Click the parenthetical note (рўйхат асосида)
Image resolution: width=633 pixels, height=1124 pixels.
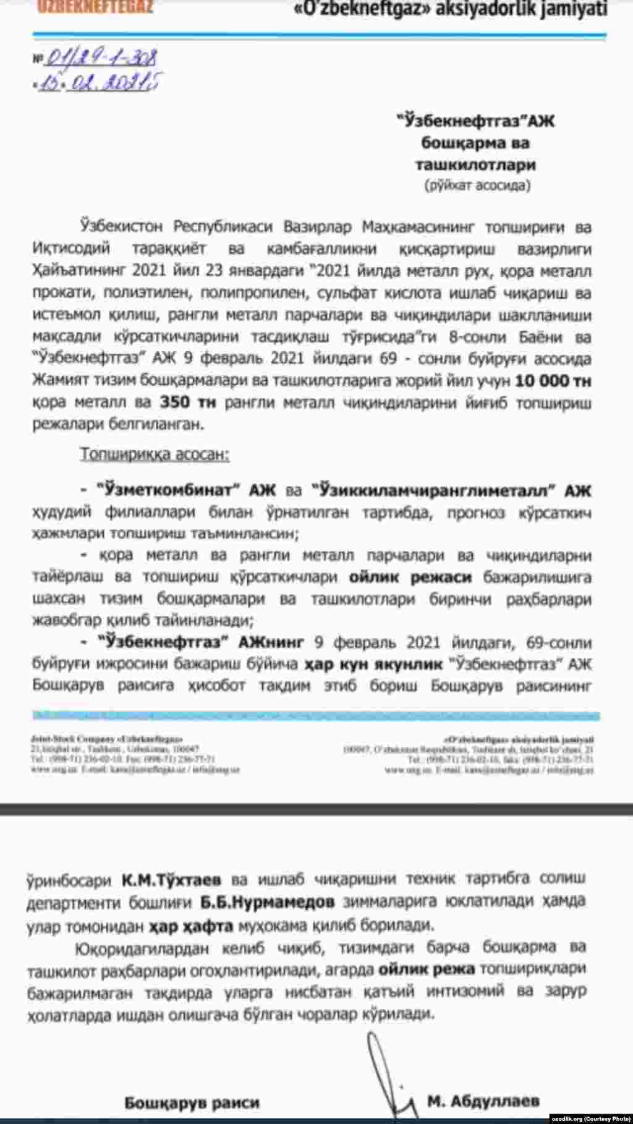click(x=476, y=185)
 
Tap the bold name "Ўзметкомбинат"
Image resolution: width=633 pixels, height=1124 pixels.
click(x=169, y=491)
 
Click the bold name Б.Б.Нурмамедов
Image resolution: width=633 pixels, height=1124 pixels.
click(x=268, y=901)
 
